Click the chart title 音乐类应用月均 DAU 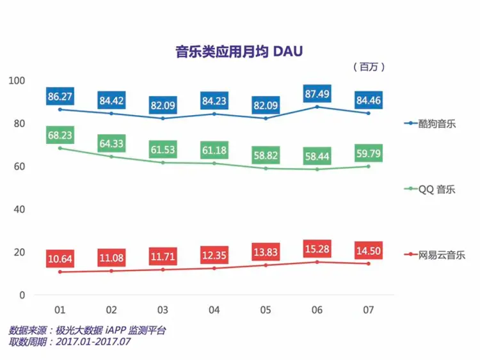click(239, 51)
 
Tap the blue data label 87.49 click(317, 93)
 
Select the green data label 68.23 click(60, 136)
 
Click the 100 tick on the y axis click(17, 80)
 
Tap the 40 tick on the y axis click(19, 209)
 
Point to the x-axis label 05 click(266, 310)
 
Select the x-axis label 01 click(60, 310)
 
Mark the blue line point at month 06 click(317, 106)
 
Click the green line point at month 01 click(60, 148)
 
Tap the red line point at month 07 click(369, 263)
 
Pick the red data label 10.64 click(60, 260)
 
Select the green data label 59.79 click(369, 153)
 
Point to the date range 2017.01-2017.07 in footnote click(93, 341)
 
